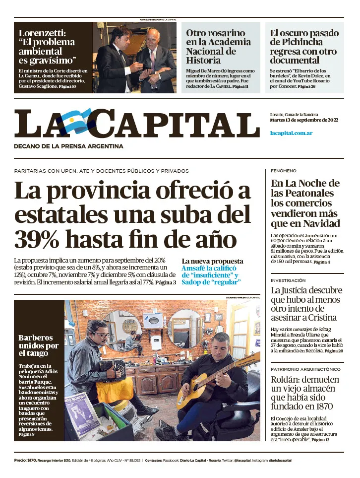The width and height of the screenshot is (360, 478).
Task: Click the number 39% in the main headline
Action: pos(37,239)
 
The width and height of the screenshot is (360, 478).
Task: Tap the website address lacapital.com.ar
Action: pos(291,133)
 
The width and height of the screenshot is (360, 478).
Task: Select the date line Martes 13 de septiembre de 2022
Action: pos(304,120)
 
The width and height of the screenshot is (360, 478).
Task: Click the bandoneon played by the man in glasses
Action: pos(112,370)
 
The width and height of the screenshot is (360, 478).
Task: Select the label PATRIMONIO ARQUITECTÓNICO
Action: pos(305,369)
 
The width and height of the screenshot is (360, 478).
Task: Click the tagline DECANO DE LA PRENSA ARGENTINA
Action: pos(68,146)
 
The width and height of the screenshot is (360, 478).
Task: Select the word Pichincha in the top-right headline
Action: pos(297,42)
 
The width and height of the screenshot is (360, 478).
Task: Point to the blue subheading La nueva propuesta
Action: pos(212,261)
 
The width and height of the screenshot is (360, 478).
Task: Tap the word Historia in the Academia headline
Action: pos(203,60)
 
